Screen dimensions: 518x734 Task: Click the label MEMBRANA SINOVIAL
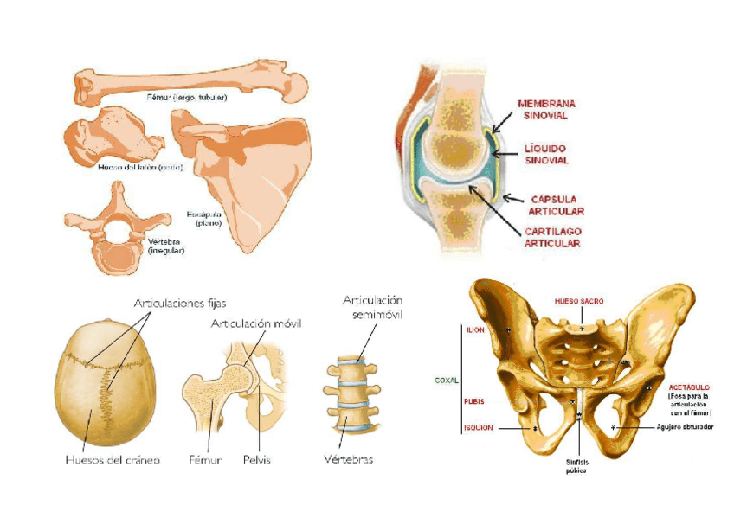tap(546, 109)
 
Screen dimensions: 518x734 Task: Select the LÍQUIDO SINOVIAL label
tap(546, 155)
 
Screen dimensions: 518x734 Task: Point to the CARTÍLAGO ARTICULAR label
tap(551, 238)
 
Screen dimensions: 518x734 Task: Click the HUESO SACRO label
tap(578, 301)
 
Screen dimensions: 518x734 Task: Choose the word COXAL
tap(446, 379)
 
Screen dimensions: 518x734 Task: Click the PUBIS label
tap(474, 401)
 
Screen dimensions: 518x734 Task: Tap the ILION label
tap(475, 330)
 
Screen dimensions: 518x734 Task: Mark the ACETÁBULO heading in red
tap(689, 387)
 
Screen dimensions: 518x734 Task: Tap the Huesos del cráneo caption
tap(113, 460)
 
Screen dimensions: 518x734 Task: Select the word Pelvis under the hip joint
tap(257, 460)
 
